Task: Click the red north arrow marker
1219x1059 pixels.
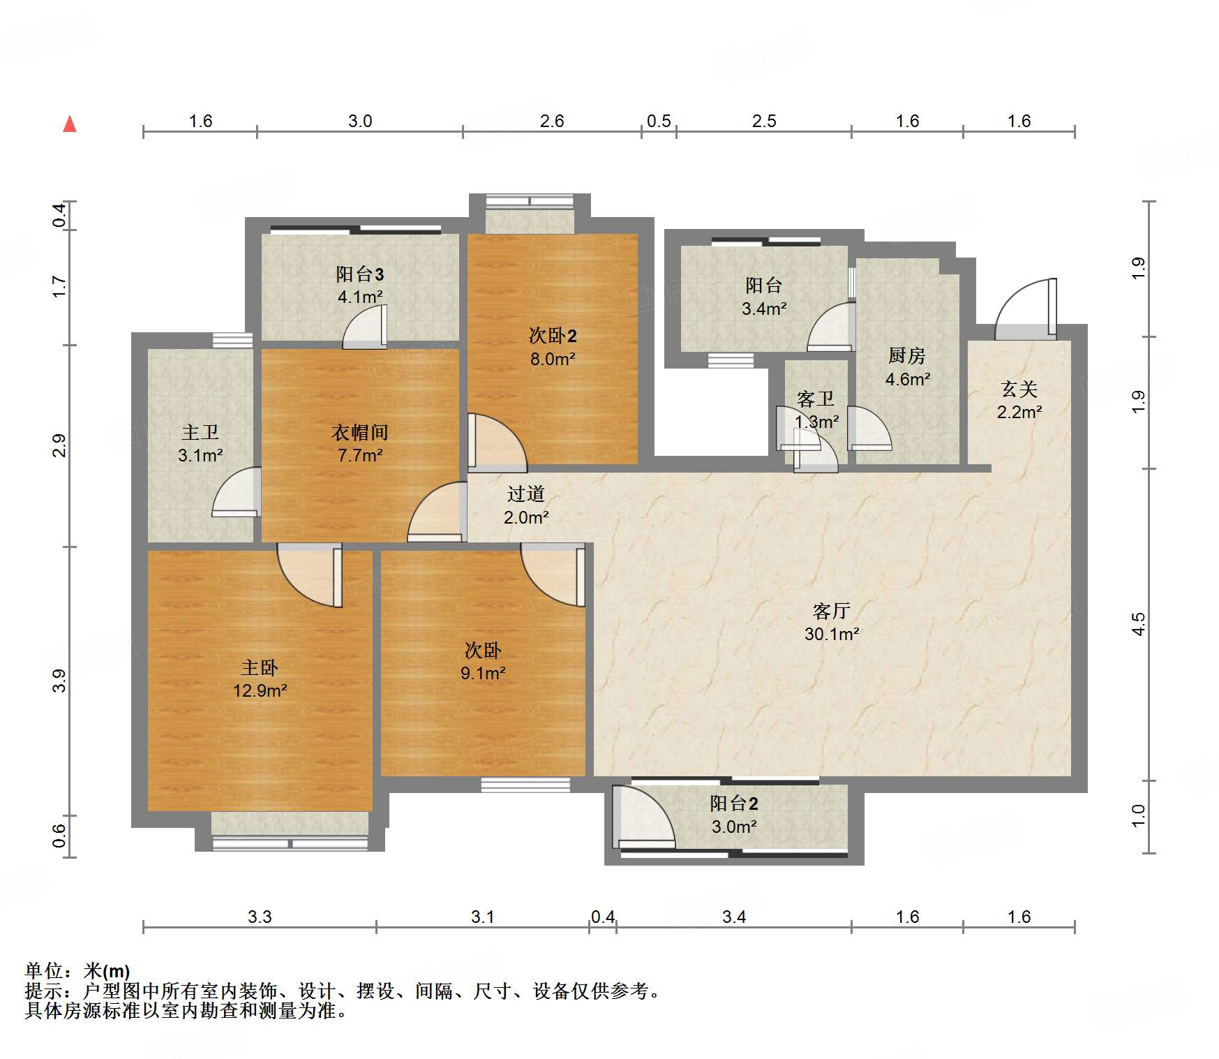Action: click(x=70, y=125)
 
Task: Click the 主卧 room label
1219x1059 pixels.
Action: click(x=260, y=668)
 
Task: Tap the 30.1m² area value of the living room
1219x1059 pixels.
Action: click(x=831, y=635)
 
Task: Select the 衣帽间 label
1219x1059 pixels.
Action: click(x=359, y=433)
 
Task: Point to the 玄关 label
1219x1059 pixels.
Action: click(x=1019, y=390)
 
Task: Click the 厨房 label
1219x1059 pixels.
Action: click(x=906, y=356)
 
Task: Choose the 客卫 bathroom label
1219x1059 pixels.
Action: click(x=815, y=399)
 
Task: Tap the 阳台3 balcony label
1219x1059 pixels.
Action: click(x=359, y=274)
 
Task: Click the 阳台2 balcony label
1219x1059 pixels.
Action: click(x=733, y=803)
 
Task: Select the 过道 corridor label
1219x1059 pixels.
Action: click(x=525, y=494)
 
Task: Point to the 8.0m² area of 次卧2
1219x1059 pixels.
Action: click(x=552, y=360)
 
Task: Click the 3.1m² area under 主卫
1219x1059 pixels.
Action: click(x=200, y=456)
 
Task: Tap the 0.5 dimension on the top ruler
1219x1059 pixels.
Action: click(x=658, y=121)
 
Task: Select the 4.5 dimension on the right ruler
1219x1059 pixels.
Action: click(x=1138, y=623)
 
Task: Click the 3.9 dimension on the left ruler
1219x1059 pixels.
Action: click(x=60, y=681)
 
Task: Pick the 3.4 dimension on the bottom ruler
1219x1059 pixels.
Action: click(x=733, y=917)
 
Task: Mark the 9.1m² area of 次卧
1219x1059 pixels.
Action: click(x=482, y=674)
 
